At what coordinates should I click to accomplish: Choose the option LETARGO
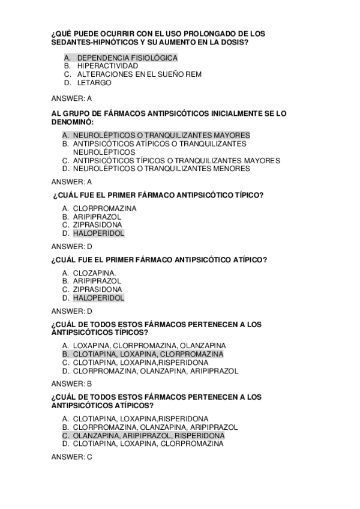90,83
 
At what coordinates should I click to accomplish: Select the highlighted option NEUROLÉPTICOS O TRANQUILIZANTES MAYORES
161,136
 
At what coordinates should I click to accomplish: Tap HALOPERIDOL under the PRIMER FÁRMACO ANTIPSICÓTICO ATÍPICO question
98,298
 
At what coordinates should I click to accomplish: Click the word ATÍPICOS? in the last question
125,405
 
